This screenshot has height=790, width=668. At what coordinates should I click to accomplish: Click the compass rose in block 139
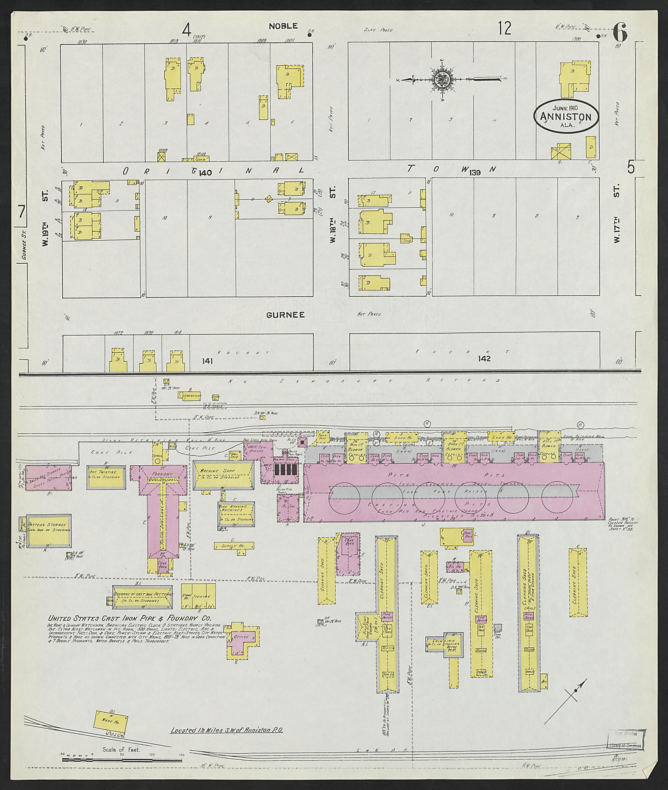pyautogui.click(x=442, y=79)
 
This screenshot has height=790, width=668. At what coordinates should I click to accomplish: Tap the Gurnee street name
pyautogui.click(x=285, y=315)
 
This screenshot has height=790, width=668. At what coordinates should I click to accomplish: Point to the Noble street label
pyautogui.click(x=283, y=26)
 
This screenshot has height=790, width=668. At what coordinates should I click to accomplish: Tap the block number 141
pyautogui.click(x=207, y=361)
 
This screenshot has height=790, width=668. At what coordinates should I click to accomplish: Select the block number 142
pyautogui.click(x=484, y=358)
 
